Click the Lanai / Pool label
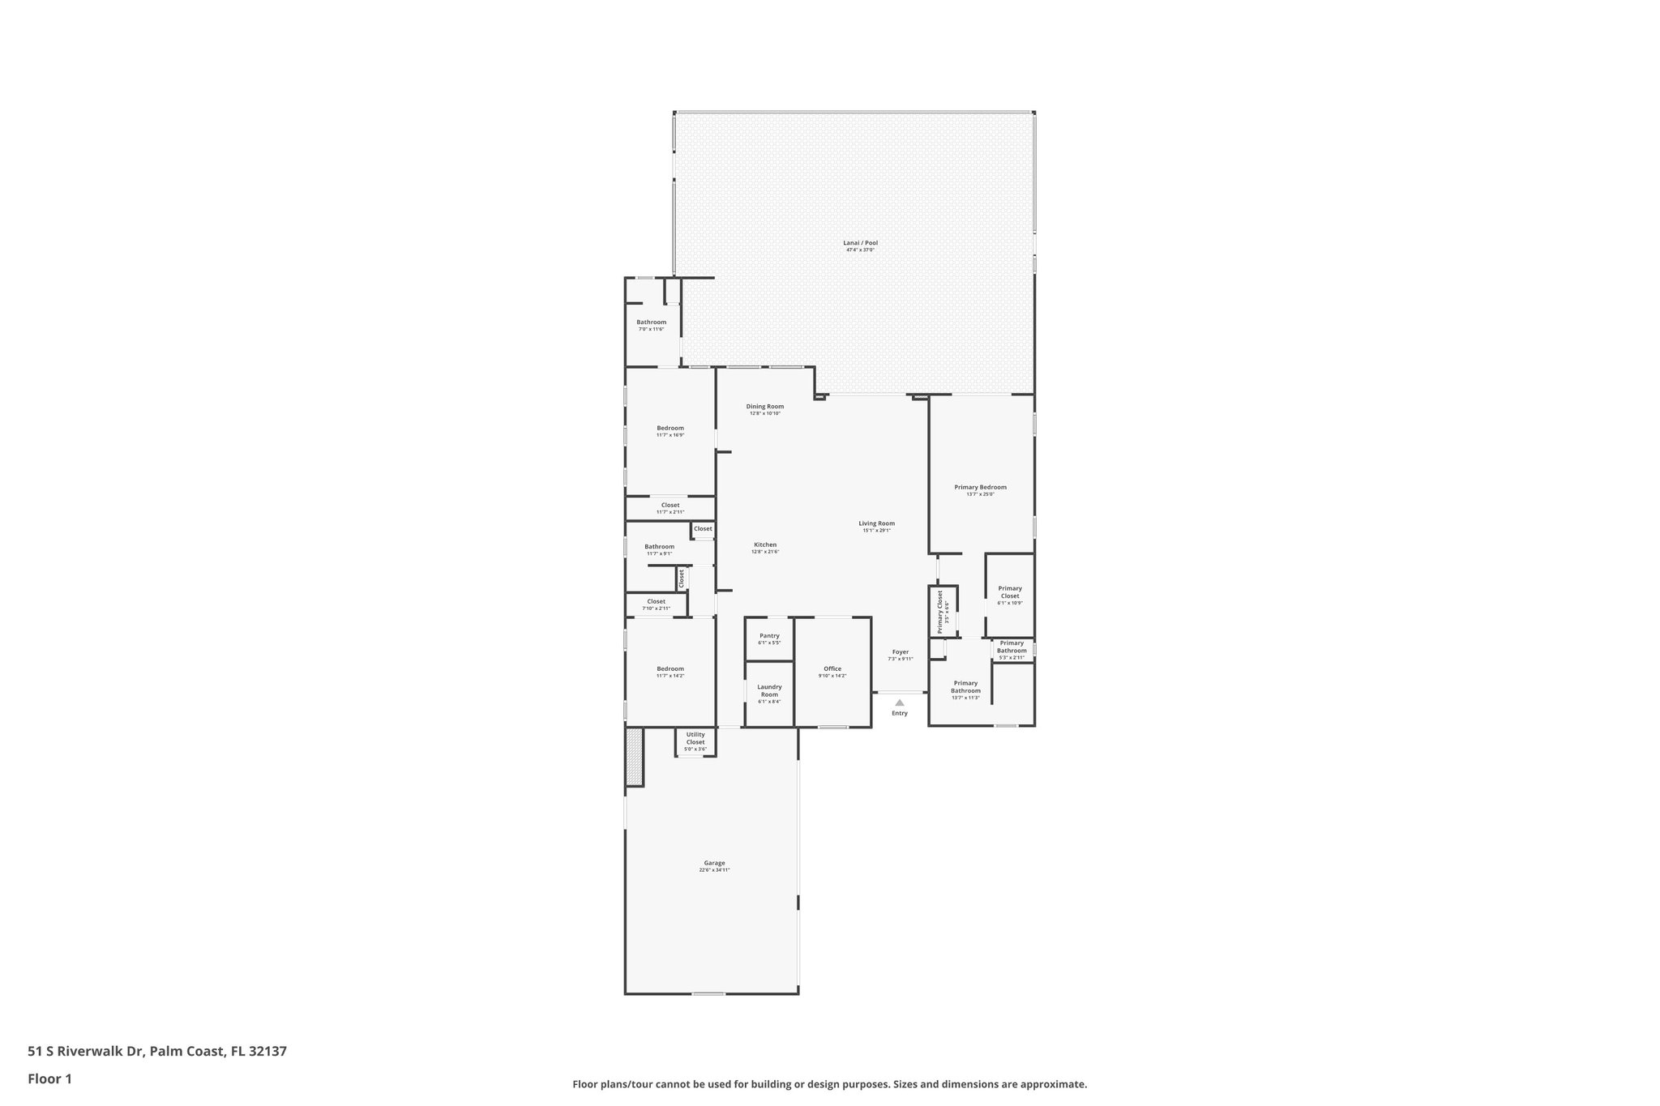click(x=860, y=243)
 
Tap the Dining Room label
click(x=764, y=407)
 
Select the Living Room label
click(x=876, y=523)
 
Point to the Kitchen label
click(x=765, y=545)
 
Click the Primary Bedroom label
click(x=980, y=488)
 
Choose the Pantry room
click(x=769, y=638)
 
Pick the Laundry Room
click(x=769, y=694)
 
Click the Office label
click(x=832, y=669)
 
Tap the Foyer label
click(x=900, y=652)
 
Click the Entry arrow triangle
click(x=900, y=702)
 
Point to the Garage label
click(x=714, y=863)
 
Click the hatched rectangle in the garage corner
click(x=634, y=757)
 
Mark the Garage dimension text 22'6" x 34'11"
click(x=714, y=870)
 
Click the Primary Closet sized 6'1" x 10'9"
click(x=1010, y=595)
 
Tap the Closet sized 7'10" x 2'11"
click(x=656, y=604)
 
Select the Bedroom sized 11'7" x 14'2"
click(x=670, y=672)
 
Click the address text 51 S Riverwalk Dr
click(x=86, y=1052)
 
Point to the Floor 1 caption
click(x=50, y=1079)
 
